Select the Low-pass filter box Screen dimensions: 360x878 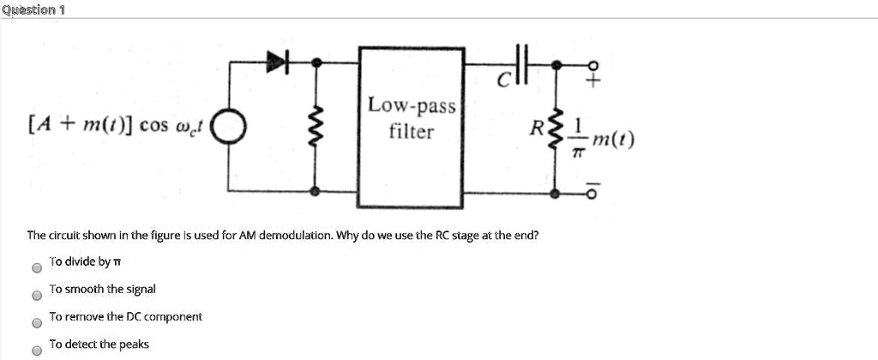point(412,128)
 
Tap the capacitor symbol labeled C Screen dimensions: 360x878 point(524,63)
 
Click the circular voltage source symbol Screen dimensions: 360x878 point(229,129)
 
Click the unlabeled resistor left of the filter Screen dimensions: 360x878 point(316,127)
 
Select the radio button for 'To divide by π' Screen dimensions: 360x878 point(36,267)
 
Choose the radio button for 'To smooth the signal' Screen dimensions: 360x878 point(36,295)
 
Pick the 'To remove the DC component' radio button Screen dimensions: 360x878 point(36,323)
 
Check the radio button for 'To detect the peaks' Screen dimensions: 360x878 point(36,350)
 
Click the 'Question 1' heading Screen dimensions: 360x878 point(33,9)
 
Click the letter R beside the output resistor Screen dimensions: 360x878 point(538,129)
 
